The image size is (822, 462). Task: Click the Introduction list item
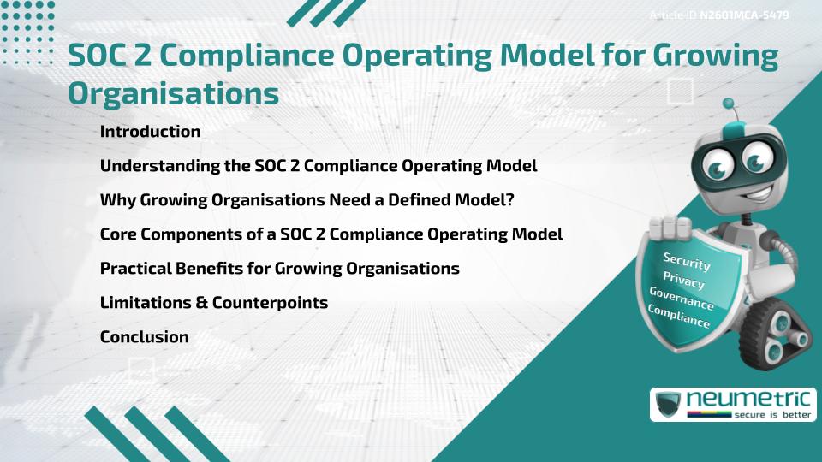point(150,132)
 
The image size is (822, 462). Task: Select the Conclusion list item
point(144,336)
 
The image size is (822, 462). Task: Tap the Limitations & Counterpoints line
point(214,302)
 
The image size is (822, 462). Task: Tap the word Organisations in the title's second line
point(173,93)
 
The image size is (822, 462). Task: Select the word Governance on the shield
point(682,299)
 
